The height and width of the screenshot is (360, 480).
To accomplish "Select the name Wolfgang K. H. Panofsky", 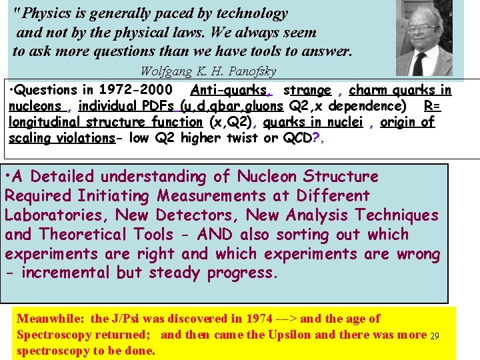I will tap(208, 71).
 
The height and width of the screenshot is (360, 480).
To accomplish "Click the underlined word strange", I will tap(307, 90).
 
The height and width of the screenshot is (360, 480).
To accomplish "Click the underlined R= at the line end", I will tap(432, 106).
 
